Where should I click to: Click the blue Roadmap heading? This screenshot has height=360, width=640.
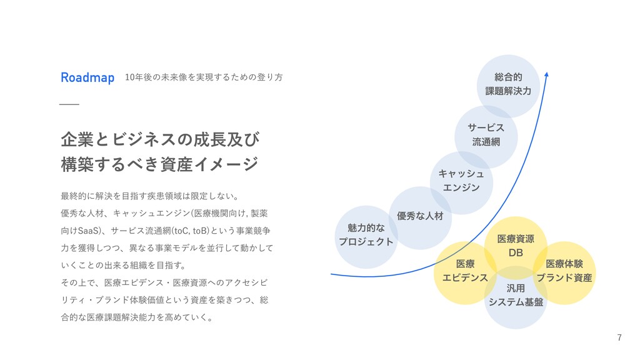tap(87, 77)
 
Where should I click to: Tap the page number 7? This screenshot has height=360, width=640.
tap(619, 338)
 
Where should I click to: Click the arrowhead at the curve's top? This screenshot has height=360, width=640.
tap(546, 74)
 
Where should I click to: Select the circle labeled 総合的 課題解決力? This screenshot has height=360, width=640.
tap(508, 85)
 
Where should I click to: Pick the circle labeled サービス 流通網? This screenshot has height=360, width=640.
tap(486, 136)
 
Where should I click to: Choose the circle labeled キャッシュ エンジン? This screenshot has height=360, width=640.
tap(461, 180)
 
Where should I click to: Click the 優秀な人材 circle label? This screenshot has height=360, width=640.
tap(420, 216)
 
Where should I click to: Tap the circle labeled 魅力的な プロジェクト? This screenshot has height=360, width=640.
tap(366, 236)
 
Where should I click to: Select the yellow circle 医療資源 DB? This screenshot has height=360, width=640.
tap(516, 246)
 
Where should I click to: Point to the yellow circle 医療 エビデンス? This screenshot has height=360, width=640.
tap(465, 272)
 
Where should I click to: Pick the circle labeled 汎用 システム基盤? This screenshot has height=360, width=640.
tap(516, 296)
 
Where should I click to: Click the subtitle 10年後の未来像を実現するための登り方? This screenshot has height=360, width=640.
tap(204, 77)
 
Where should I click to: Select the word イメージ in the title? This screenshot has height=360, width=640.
tap(226, 164)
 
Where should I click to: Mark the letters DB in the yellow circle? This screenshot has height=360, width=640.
tap(516, 253)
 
